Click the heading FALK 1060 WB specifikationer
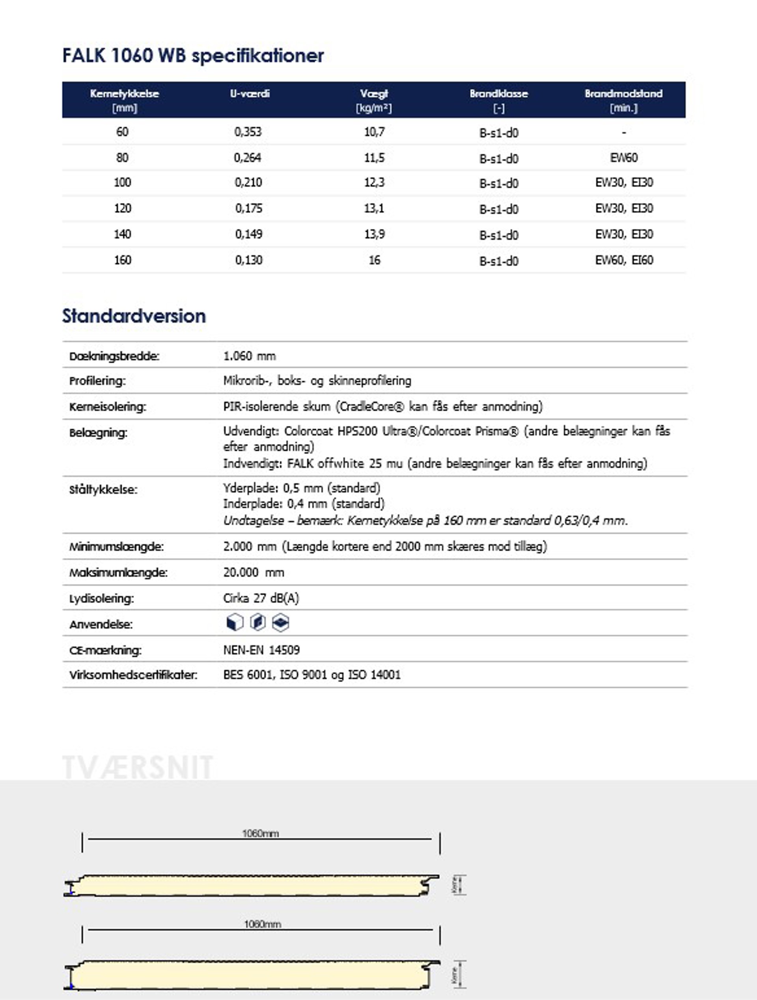tap(193, 56)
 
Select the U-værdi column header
tap(249, 94)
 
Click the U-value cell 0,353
tap(248, 132)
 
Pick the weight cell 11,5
tap(374, 158)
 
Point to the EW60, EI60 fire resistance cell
tap(624, 260)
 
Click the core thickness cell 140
tap(122, 234)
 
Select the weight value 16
tap(374, 260)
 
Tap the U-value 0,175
tap(248, 208)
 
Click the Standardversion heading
tap(134, 316)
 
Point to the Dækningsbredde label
tap(114, 356)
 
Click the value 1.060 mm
tap(249, 356)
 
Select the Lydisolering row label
tap(101, 599)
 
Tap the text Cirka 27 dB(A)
tap(261, 599)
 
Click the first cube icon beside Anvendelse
tap(234, 623)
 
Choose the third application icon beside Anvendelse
tap(281, 623)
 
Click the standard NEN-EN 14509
tap(261, 650)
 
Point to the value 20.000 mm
tap(254, 573)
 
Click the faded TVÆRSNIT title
tap(137, 768)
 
